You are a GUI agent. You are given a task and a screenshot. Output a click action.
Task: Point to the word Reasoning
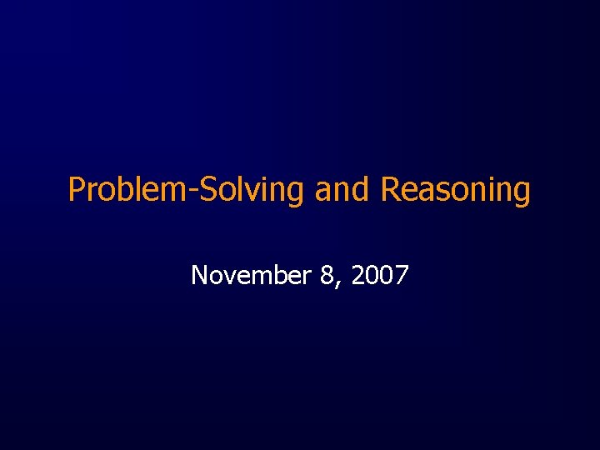pyautogui.click(x=455, y=190)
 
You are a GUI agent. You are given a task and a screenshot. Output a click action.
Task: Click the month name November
pyautogui.click(x=251, y=274)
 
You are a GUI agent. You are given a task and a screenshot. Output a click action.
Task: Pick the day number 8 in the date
pyautogui.click(x=326, y=274)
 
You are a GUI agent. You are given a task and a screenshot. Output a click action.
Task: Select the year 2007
pyautogui.click(x=380, y=274)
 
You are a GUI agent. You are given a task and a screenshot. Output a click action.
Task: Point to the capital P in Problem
pyautogui.click(x=77, y=190)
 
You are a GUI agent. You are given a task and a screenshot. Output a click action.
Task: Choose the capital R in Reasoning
pyautogui.click(x=390, y=190)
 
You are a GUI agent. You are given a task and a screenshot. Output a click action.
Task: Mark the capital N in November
pyautogui.click(x=199, y=274)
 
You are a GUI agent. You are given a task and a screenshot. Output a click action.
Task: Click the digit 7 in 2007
pyautogui.click(x=401, y=274)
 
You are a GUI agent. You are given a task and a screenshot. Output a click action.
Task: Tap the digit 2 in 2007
pyautogui.click(x=358, y=274)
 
